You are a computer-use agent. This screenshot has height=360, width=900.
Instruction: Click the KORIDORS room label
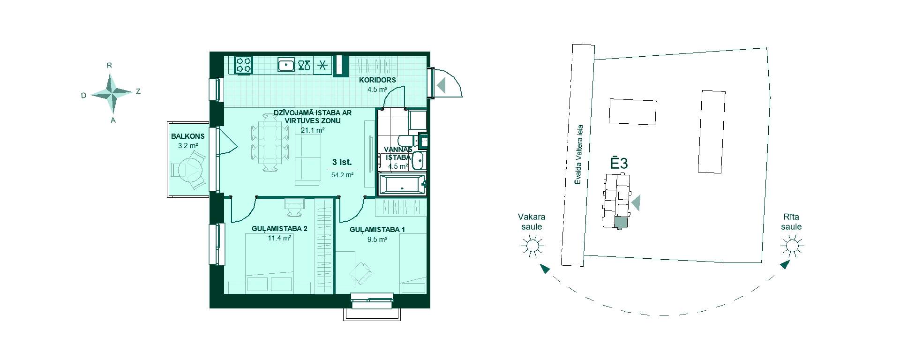pos(377,80)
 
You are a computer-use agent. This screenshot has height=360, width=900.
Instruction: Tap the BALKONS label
pos(187,136)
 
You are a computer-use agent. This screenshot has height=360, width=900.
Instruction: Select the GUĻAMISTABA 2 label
pos(279,229)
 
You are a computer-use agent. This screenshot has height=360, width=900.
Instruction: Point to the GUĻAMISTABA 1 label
pos(377,230)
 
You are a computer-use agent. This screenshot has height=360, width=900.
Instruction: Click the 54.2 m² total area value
pos(342,175)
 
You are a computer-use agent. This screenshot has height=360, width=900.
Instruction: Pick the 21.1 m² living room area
pos(313,130)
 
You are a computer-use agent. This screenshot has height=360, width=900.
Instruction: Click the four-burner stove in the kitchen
pos(244,65)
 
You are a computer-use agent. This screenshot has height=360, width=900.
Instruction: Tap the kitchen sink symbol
pos(286,65)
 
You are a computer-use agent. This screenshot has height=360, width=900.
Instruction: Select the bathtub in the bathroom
pos(402,185)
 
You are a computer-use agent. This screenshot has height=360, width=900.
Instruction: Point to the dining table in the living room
pos(270,143)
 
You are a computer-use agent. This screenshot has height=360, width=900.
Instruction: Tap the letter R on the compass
pos(109,66)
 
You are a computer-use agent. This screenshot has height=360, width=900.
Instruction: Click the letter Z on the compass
pos(138,92)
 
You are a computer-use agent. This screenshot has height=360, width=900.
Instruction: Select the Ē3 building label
pos(619,163)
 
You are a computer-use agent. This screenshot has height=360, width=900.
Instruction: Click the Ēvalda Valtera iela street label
pos(579,154)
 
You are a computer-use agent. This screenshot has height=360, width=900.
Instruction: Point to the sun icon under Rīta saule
pos(792,246)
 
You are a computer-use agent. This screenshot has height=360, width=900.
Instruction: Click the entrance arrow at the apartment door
pos(441,85)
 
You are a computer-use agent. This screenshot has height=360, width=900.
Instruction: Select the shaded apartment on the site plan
pos(620,223)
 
